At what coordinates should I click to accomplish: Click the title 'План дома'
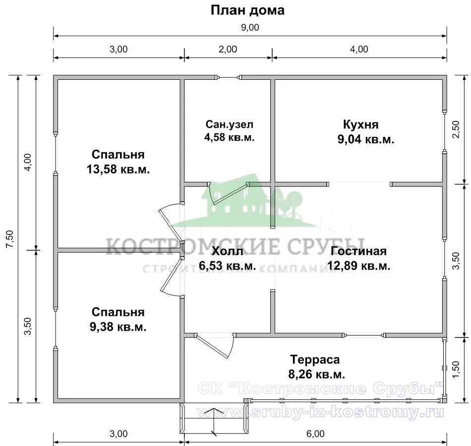(247, 10)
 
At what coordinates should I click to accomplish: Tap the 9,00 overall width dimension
(250, 28)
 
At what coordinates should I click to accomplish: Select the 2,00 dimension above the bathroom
(228, 49)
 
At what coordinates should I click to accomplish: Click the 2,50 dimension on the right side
(457, 130)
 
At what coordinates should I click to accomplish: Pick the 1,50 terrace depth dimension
(457, 369)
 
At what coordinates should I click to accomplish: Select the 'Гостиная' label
(359, 251)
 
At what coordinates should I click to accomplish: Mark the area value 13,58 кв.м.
(118, 169)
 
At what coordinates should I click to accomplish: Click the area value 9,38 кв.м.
(118, 327)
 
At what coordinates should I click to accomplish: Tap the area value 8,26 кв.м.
(317, 374)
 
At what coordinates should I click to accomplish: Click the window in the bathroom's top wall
(228, 77)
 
